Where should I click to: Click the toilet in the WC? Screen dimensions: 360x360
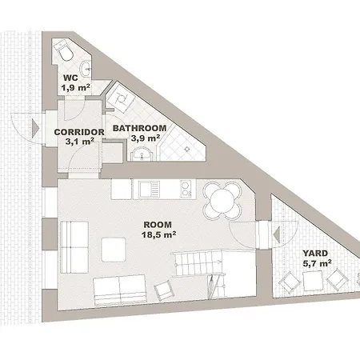[64, 50]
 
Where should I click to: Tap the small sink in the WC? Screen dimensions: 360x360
[86, 69]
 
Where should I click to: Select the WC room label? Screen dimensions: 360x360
[70, 78]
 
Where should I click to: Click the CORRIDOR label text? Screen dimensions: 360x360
[79, 132]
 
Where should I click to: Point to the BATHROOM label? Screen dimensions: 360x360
[139, 128]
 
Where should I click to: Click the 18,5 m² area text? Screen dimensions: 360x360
[158, 234]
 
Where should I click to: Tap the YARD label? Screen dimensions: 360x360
[315, 253]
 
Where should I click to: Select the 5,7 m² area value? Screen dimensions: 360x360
[317, 263]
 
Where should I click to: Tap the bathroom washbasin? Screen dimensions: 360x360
[142, 154]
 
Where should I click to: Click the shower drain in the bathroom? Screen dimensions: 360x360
[187, 149]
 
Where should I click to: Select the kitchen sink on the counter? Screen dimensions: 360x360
[146, 190]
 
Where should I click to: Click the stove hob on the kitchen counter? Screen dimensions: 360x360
[186, 190]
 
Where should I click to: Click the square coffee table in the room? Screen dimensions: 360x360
[114, 250]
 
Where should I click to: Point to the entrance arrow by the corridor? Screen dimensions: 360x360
[35, 129]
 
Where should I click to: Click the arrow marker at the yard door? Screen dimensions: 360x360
[277, 235]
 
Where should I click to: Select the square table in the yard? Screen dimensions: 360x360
[313, 281]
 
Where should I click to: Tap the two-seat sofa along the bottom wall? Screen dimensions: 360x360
[120, 290]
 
